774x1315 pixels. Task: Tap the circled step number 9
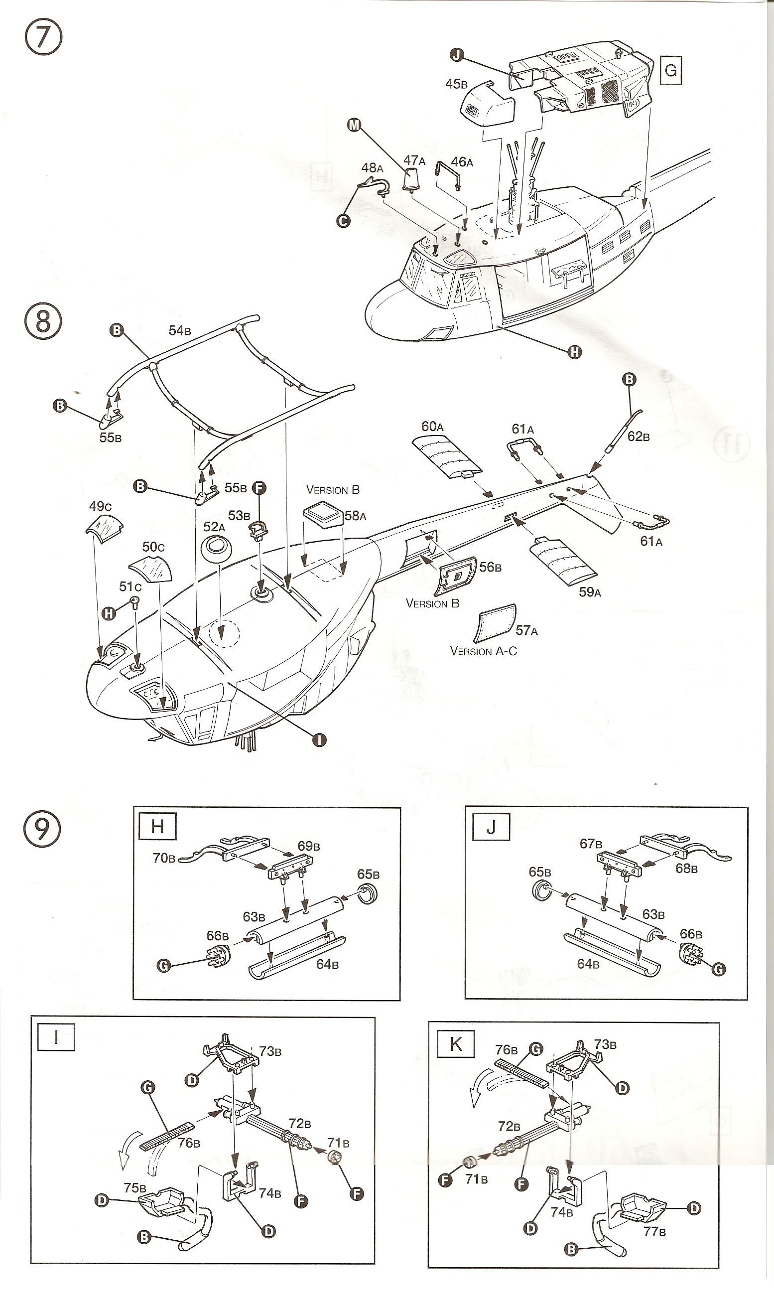coord(43,828)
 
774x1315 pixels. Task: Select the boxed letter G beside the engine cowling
coord(671,70)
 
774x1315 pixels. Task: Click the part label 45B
coord(456,84)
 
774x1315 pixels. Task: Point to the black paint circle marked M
coord(355,125)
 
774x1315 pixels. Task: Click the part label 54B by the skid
coord(179,330)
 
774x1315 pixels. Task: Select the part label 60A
coord(432,427)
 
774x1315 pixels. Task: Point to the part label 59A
coord(590,592)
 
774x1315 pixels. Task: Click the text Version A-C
coord(484,651)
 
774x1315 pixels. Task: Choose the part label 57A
coord(526,630)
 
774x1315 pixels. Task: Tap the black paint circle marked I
coord(319,739)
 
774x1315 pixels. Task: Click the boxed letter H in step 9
coord(157,826)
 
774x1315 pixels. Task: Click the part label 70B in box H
coord(164,858)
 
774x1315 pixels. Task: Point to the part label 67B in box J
coord(591,844)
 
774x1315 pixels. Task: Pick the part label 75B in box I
coord(134,1187)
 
